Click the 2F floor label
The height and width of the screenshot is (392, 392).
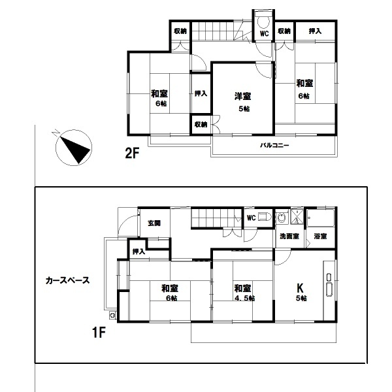coord(132,153)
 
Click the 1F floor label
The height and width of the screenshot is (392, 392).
coord(99,333)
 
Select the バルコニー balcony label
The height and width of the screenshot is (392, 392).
coord(274,145)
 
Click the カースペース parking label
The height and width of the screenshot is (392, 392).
coord(67,280)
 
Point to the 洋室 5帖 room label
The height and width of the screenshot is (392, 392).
coord(243,102)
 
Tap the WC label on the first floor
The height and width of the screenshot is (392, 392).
coord(252,218)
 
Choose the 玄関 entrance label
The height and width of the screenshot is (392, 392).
coord(154,223)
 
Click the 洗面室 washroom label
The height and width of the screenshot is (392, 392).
coord(289,237)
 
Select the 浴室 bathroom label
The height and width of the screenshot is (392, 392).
coord(320,237)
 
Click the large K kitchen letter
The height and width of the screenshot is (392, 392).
coord(300,288)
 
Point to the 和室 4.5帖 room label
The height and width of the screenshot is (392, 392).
coord(244,293)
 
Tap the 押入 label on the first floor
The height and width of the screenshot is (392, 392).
coord(139,252)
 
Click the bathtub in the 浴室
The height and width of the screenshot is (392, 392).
coord(321,218)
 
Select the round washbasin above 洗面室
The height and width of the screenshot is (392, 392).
coord(282,218)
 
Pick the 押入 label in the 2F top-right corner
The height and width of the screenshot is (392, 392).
coord(315,31)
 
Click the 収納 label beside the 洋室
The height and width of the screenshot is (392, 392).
coord(201,125)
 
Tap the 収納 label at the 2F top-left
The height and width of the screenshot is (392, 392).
coord(180,31)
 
